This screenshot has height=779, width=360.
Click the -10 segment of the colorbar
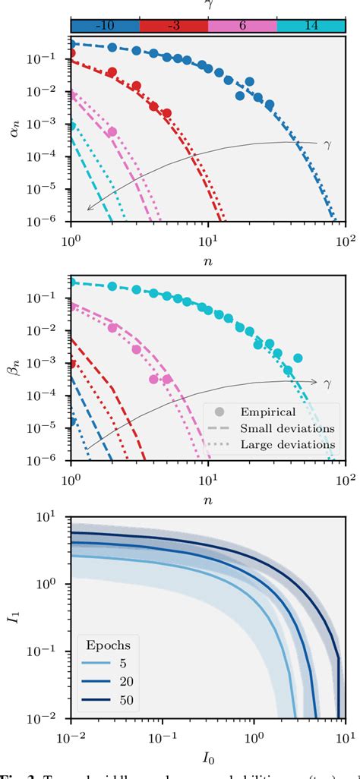(105, 25)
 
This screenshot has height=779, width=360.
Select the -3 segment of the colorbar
(173, 25)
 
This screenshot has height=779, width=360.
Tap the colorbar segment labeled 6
(242, 25)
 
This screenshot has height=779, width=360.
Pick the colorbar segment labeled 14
(311, 25)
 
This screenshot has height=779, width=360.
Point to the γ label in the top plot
(327, 143)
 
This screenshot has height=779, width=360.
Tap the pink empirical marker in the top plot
(112, 132)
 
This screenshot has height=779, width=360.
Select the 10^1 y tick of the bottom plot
(53, 517)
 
